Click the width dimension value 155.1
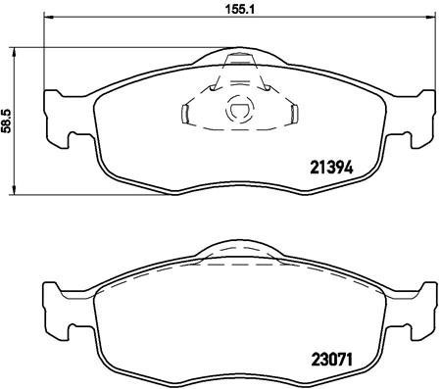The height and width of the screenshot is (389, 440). (233, 12)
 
